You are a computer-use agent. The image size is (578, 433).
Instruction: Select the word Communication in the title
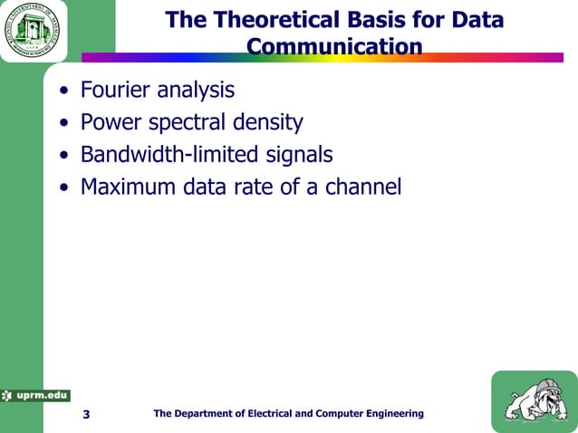pos(334,46)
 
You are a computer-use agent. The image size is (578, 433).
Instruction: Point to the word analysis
pos(194,91)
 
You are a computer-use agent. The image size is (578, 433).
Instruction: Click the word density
pos(267,122)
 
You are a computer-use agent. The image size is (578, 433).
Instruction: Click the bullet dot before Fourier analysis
pos(63,92)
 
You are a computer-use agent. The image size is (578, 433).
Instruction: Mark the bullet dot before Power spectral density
pos(63,124)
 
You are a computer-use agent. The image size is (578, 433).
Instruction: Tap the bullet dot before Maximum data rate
pos(63,188)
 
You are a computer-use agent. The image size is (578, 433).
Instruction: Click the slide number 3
pos(86,415)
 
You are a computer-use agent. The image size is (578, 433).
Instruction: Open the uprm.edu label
pos(36,395)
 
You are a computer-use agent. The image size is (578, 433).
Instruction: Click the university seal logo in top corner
pos(33,31)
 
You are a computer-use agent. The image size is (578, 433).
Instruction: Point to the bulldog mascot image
pos(533,401)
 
